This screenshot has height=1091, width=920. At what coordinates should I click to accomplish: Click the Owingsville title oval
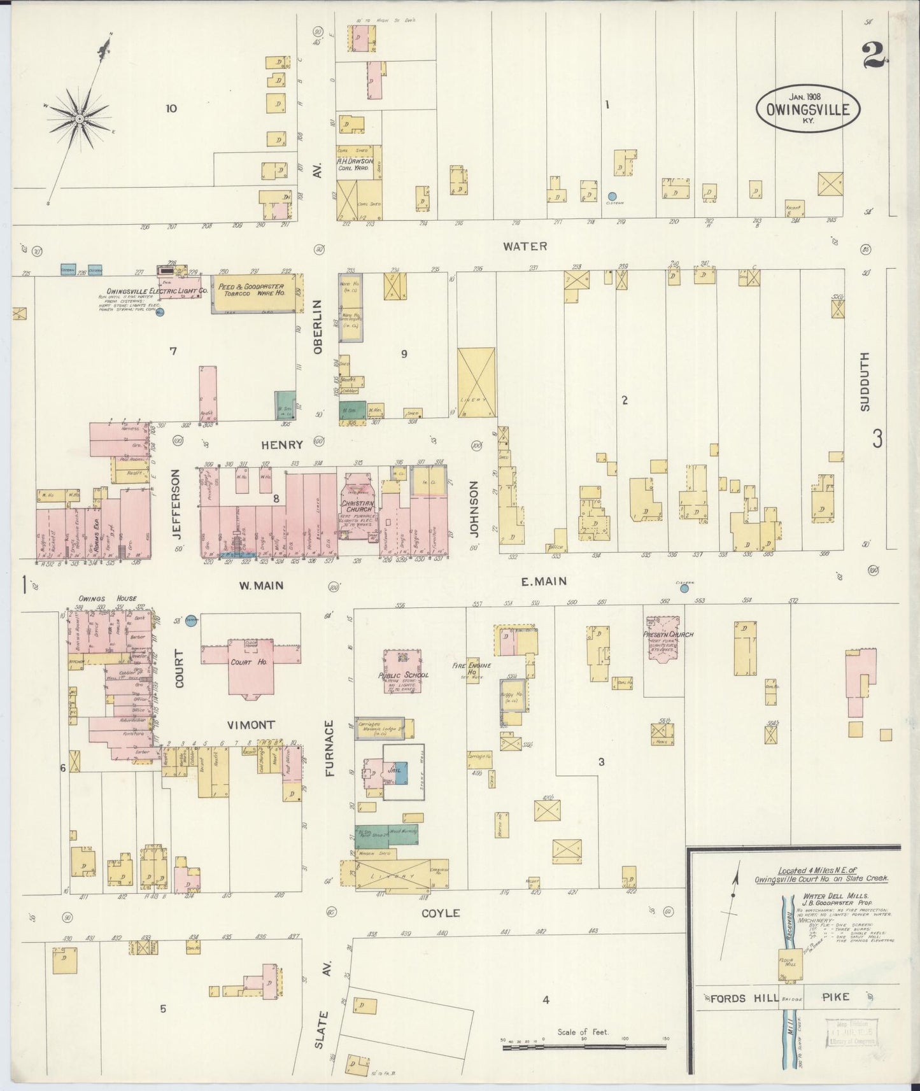[x=807, y=108]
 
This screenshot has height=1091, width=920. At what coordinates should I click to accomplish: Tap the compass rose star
[x=79, y=119]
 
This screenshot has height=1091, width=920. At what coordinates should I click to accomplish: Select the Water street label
[x=525, y=246]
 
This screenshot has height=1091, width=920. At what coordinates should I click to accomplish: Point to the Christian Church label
[x=357, y=506]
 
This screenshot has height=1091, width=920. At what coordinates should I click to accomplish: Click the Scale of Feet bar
[x=584, y=1046]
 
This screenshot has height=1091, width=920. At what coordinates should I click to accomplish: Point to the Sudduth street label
[x=864, y=381]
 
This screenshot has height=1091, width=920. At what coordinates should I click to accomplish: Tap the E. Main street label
[x=544, y=581]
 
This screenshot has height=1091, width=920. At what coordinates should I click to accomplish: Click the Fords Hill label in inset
[x=736, y=997]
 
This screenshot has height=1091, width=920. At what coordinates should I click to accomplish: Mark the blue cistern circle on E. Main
[x=684, y=589]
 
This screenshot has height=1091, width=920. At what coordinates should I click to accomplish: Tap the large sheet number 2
[x=875, y=55]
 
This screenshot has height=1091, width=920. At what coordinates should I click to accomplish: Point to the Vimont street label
[x=251, y=725]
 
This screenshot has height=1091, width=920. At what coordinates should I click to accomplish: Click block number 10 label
[x=171, y=108]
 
